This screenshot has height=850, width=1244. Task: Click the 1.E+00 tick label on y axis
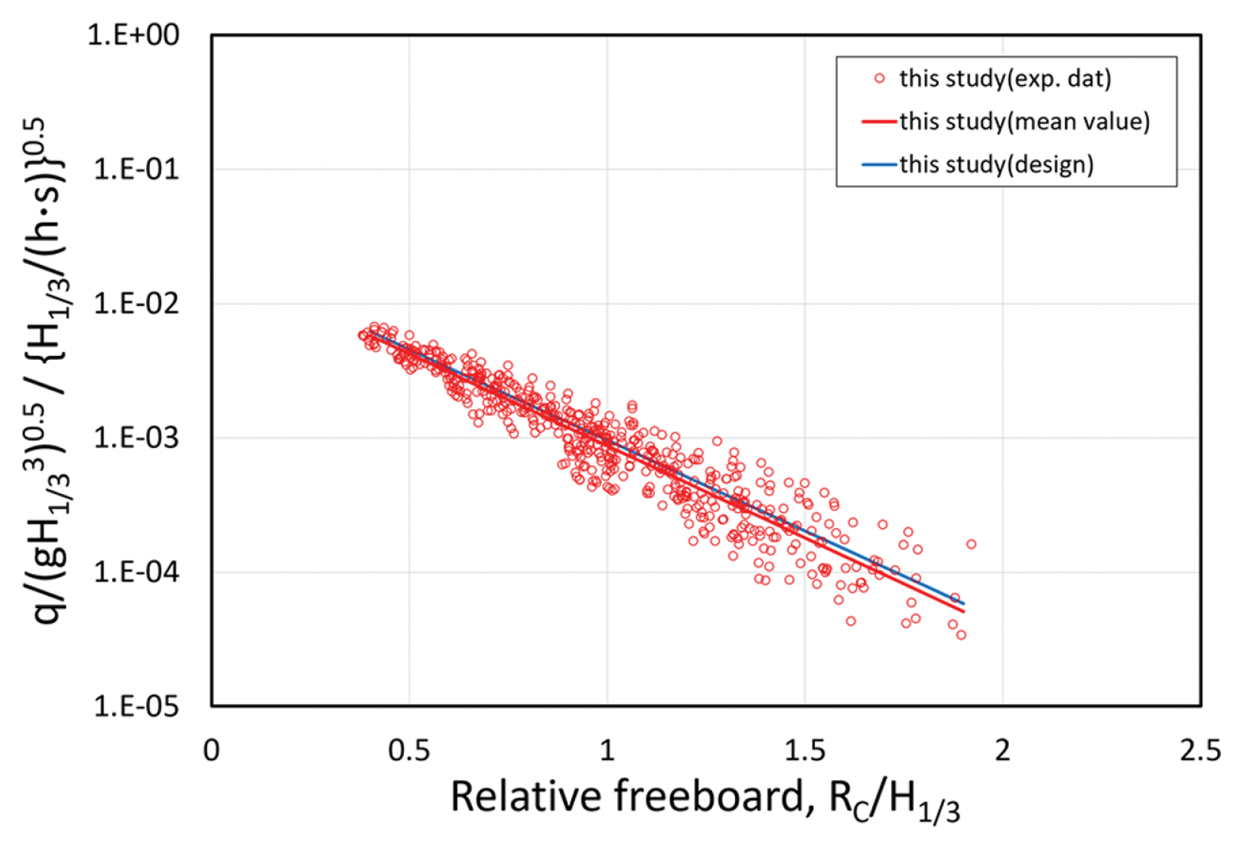tap(133, 35)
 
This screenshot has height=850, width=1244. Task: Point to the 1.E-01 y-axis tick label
tap(135, 169)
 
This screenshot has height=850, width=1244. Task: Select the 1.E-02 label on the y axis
tap(135, 304)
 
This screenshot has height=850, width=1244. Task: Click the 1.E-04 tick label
tap(135, 572)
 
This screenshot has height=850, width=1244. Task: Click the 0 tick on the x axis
tap(212, 750)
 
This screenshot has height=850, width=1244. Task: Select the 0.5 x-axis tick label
tap(409, 750)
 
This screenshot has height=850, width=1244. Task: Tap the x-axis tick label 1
tap(606, 750)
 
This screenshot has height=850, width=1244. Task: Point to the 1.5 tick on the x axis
tap(804, 750)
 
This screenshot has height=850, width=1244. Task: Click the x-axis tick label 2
tap(1002, 750)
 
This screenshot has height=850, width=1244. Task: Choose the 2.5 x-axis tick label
tap(1200, 750)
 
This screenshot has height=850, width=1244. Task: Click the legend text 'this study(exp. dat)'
tap(1004, 78)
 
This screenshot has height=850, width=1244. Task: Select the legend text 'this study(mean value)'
tap(1024, 121)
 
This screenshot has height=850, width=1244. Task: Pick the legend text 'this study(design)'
tap(996, 164)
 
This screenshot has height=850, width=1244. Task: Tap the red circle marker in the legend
tap(880, 78)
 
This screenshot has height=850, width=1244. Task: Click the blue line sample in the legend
tap(880, 164)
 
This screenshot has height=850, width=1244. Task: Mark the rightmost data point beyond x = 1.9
tap(971, 544)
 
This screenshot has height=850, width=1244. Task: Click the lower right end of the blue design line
tap(963, 603)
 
